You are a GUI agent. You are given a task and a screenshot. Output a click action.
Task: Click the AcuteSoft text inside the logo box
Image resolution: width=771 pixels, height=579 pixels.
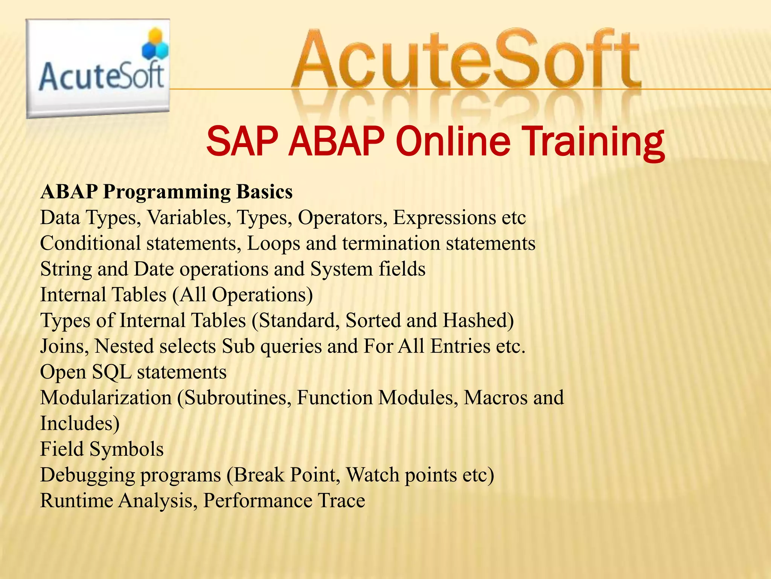(101, 77)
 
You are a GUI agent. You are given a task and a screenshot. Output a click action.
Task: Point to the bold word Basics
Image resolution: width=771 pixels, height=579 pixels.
(264, 192)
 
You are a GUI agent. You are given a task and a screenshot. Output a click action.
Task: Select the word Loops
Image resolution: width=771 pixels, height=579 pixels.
(273, 244)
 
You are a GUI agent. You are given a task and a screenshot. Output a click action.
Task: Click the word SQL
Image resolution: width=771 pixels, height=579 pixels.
(112, 372)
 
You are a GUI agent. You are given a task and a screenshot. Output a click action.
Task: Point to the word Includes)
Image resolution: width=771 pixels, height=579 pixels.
(80, 423)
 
